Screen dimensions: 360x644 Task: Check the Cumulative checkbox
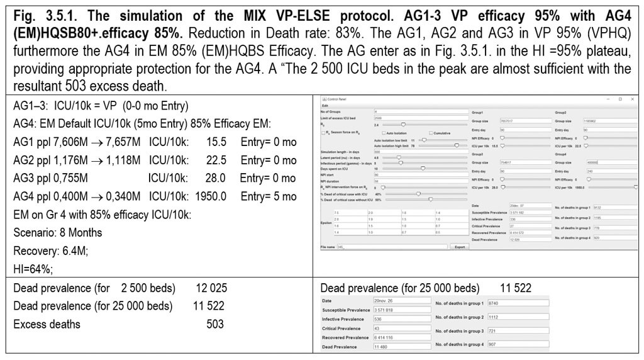(x=431, y=133)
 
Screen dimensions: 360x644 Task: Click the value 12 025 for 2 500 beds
(x=211, y=289)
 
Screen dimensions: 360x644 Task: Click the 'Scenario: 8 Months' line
(x=58, y=233)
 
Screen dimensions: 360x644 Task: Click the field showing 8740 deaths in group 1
(x=509, y=303)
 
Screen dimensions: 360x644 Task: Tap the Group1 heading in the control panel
(x=478, y=111)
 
